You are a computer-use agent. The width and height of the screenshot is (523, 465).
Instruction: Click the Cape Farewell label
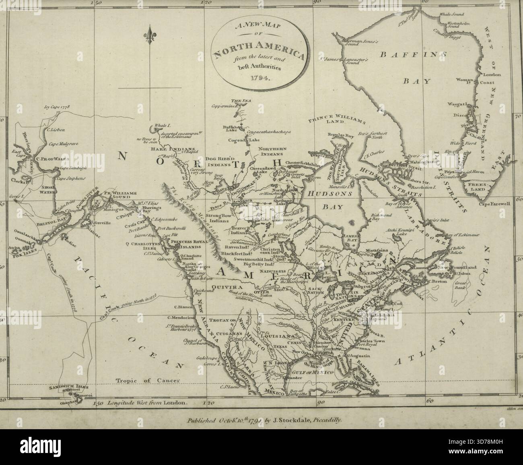click(x=494, y=204)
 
